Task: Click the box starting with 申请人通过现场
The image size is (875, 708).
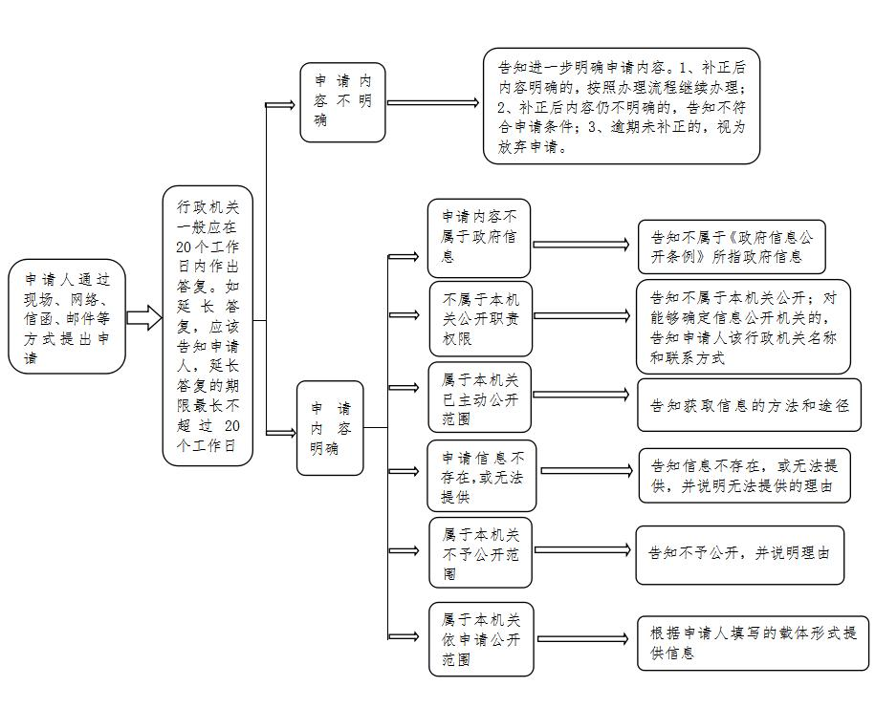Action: click(x=67, y=316)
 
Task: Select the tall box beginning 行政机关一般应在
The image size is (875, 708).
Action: click(x=208, y=326)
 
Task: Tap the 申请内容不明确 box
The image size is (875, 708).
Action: click(x=342, y=102)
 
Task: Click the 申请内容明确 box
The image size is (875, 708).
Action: click(x=330, y=428)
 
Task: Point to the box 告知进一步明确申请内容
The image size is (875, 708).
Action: click(x=622, y=106)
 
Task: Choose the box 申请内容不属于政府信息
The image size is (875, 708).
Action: click(x=479, y=238)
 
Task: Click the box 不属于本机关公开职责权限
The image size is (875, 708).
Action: click(x=480, y=319)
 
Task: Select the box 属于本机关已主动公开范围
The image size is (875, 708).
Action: click(x=479, y=397)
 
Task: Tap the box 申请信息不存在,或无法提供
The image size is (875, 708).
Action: click(x=482, y=476)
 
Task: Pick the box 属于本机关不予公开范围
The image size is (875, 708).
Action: click(x=480, y=552)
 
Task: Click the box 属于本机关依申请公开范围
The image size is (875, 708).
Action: click(x=481, y=639)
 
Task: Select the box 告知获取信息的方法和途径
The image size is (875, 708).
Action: click(x=750, y=405)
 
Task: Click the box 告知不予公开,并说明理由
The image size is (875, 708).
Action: click(x=740, y=555)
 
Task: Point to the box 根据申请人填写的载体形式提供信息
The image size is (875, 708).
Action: click(x=754, y=642)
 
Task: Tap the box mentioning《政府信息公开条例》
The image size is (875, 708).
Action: click(x=732, y=247)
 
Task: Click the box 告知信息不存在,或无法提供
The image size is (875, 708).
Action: click(x=745, y=476)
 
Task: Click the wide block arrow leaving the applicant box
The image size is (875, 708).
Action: click(x=144, y=318)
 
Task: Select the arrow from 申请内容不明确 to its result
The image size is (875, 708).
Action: click(x=433, y=102)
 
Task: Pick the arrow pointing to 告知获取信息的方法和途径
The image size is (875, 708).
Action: click(x=581, y=395)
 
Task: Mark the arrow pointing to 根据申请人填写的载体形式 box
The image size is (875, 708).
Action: click(x=584, y=638)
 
